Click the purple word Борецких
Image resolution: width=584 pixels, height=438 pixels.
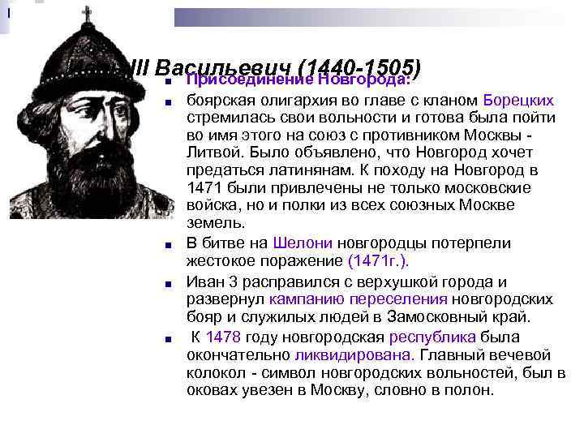519,101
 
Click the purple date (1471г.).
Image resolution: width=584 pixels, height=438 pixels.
378,261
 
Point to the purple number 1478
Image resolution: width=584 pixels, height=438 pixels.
223,337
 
